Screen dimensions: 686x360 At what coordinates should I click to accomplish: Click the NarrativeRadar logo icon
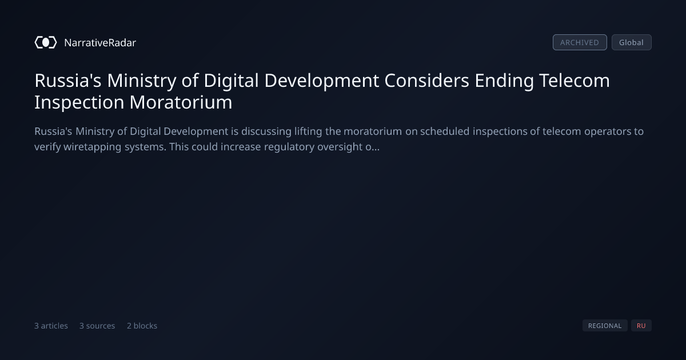coord(46,42)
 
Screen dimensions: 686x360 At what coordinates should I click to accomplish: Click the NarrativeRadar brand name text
coord(100,42)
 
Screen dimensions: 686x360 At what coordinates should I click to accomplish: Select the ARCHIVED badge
coord(580,42)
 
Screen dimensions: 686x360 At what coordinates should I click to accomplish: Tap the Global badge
coord(632,42)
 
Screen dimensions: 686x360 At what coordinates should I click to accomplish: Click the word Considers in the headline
coord(426,81)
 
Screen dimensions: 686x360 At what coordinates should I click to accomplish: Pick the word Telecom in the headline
coord(574,81)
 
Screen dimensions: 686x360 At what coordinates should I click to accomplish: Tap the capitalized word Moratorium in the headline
coord(181,102)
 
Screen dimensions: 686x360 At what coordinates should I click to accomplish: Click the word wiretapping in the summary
coord(92,147)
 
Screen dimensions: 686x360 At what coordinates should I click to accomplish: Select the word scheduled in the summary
coord(445,131)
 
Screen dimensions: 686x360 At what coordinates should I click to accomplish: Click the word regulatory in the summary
coord(289,147)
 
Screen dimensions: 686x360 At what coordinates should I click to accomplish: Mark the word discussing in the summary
coord(266,131)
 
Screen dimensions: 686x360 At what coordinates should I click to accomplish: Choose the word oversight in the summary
coord(340,147)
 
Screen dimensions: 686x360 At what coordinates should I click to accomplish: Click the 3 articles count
coord(51,326)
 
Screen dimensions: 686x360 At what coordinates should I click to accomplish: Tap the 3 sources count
coord(97,326)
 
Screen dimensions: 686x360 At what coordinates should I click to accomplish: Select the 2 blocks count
coord(142,326)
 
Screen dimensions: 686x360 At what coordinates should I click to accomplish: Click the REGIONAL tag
coord(605,325)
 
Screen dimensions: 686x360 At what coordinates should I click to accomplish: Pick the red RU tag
coord(641,325)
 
